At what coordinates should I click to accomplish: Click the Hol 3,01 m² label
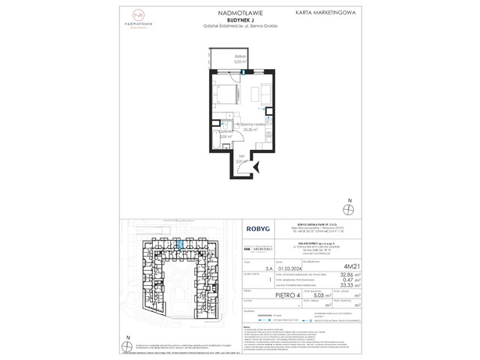[241, 159]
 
